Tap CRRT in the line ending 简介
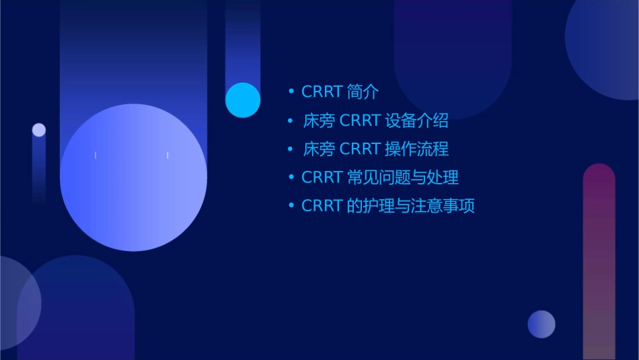(x=323, y=92)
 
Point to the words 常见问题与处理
(x=403, y=178)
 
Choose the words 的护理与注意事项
(x=411, y=206)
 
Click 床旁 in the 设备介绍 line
(x=319, y=121)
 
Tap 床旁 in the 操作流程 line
(x=319, y=149)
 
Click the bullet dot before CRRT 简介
(x=291, y=92)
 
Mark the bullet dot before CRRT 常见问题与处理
(x=291, y=177)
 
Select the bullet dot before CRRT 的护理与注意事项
(x=291, y=205)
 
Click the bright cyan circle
(x=243, y=100)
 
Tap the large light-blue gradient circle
(x=133, y=178)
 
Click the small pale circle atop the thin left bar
(x=39, y=130)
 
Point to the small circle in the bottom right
(x=541, y=324)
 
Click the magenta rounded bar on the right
(x=599, y=262)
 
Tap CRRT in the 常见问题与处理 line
(x=323, y=178)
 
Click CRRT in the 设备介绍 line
(x=361, y=121)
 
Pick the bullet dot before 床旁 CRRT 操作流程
(x=291, y=148)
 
